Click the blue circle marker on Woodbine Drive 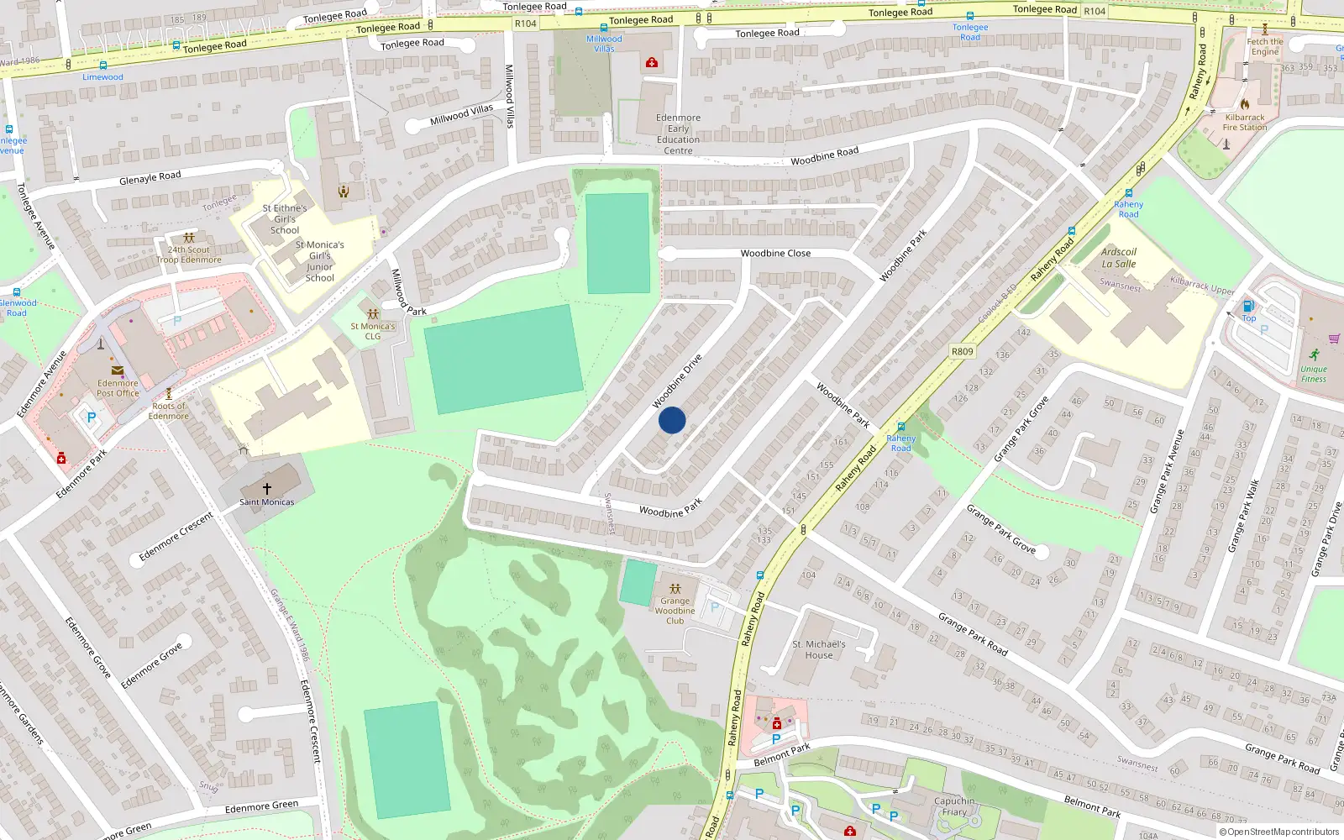(x=672, y=420)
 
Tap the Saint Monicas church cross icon (x=267, y=488)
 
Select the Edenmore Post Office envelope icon (x=117, y=370)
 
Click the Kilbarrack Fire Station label (x=1244, y=123)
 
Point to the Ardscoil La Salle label (x=1118, y=258)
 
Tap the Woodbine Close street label (x=775, y=253)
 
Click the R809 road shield (x=962, y=352)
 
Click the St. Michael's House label (x=819, y=649)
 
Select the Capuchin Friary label (x=954, y=806)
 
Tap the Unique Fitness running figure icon (x=1314, y=354)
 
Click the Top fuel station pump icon (x=1248, y=306)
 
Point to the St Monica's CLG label (x=372, y=331)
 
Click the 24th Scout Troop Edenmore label (x=189, y=255)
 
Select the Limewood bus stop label (x=102, y=77)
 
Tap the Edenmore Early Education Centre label (x=678, y=134)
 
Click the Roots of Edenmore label (x=169, y=411)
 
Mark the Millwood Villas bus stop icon (x=603, y=28)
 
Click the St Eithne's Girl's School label (x=285, y=219)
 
